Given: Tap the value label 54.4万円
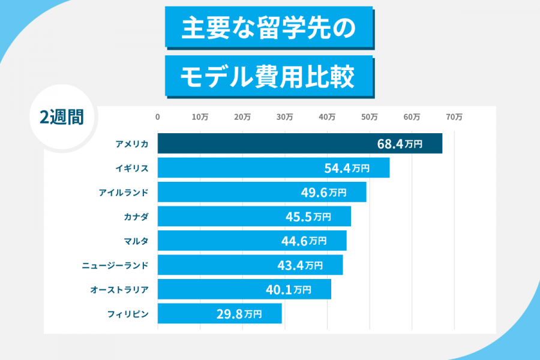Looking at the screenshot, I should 347,169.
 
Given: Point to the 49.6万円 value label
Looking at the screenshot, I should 323,193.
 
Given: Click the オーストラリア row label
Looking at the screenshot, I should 119,289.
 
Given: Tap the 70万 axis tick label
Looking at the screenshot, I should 454,118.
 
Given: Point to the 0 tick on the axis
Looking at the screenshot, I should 158,118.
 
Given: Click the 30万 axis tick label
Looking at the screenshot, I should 284,118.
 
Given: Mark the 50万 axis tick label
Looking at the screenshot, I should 370,118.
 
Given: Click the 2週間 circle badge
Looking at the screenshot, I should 62,117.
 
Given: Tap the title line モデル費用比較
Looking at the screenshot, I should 269,76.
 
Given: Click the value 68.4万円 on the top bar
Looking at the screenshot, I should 400,144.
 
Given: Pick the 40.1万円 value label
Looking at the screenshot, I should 289,290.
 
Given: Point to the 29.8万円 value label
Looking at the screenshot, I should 239,314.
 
